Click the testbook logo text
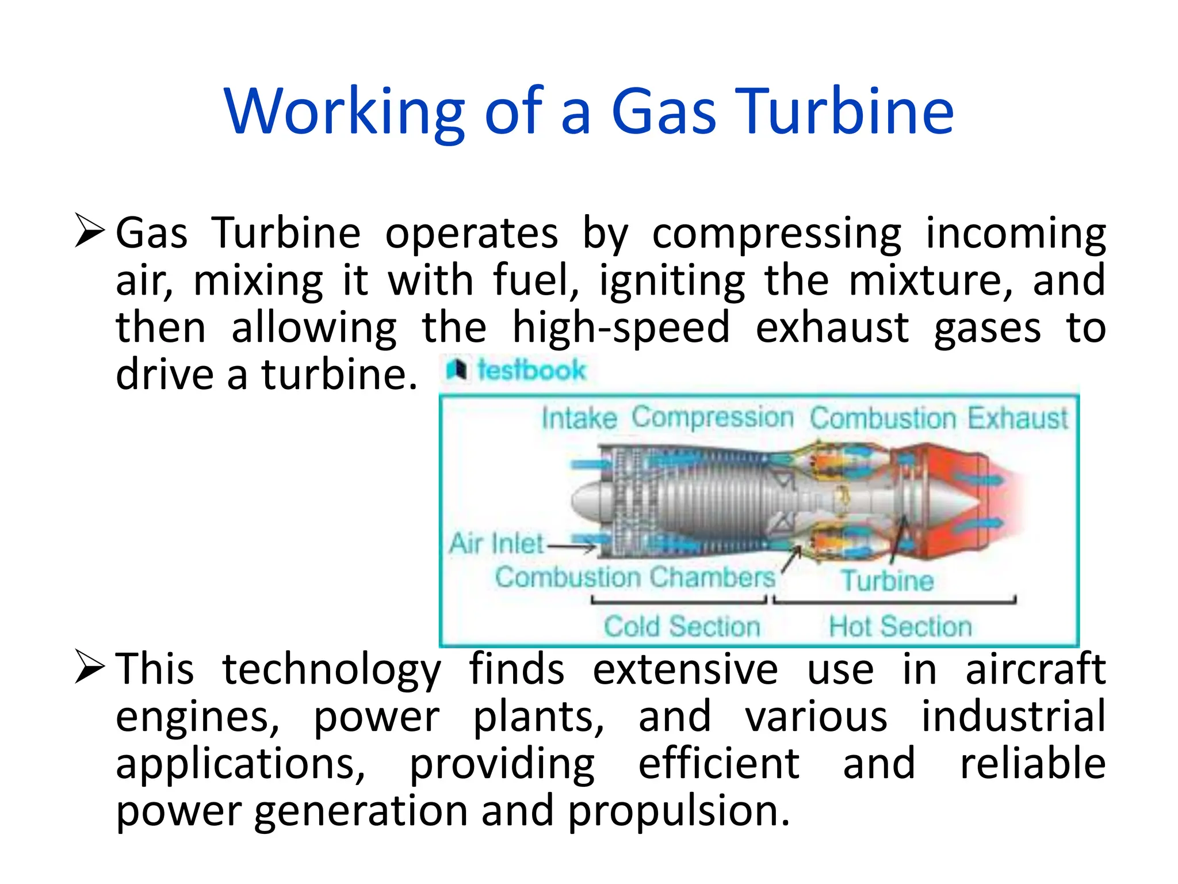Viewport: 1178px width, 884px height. click(x=530, y=370)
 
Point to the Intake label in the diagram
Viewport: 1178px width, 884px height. click(x=579, y=418)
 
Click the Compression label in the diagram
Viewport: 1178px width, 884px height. click(x=712, y=417)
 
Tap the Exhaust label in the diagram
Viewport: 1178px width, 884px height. click(x=1017, y=418)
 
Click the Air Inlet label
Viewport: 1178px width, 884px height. click(x=496, y=543)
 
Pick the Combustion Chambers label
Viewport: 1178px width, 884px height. click(x=635, y=577)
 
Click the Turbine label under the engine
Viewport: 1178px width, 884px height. click(x=887, y=580)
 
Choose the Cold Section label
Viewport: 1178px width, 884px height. click(x=682, y=626)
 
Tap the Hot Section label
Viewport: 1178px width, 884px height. click(x=900, y=626)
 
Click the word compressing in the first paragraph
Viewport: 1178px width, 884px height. click(x=777, y=233)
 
